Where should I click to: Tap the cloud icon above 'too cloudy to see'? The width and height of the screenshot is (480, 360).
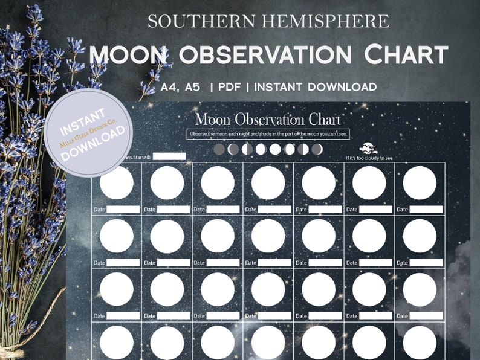[368, 148]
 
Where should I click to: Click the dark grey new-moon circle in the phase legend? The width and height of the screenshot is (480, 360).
[219, 149]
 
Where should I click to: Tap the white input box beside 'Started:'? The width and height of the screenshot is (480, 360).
[169, 156]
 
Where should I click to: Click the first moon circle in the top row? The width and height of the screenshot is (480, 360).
[116, 182]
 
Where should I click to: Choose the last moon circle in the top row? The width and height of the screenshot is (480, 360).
[420, 182]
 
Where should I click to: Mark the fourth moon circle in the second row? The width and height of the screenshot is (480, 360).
[268, 236]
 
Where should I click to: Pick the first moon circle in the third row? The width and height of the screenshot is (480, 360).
[116, 289]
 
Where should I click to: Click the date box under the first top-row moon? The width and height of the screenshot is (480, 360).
[123, 210]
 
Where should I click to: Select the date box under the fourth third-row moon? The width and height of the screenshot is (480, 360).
[274, 315]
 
